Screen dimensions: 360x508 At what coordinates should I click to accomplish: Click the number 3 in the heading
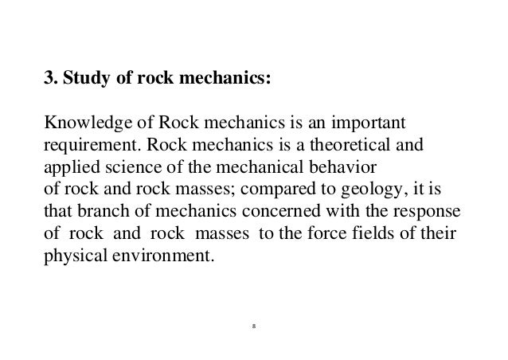47,80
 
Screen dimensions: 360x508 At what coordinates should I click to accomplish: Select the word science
126,170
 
